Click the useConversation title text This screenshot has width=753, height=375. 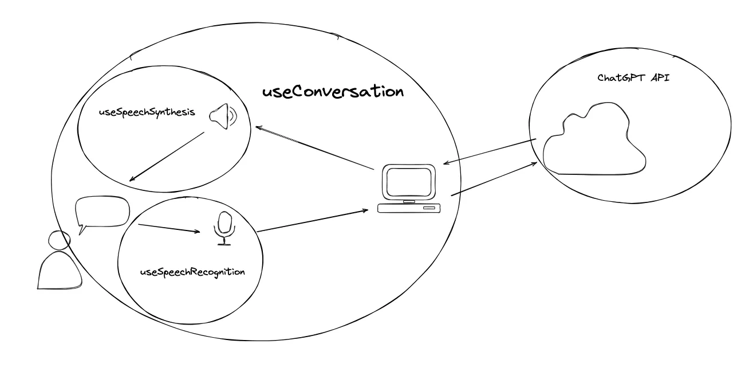click(333, 92)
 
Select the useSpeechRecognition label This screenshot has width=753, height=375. click(192, 272)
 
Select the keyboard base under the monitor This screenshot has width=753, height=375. click(410, 208)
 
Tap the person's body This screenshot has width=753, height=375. click(58, 270)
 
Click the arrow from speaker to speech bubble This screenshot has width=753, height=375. click(167, 157)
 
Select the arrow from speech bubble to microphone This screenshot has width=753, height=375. click(169, 228)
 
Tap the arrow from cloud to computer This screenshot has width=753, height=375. click(490, 152)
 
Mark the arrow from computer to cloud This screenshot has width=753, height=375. click(494, 179)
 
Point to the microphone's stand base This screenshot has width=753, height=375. click(224, 244)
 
